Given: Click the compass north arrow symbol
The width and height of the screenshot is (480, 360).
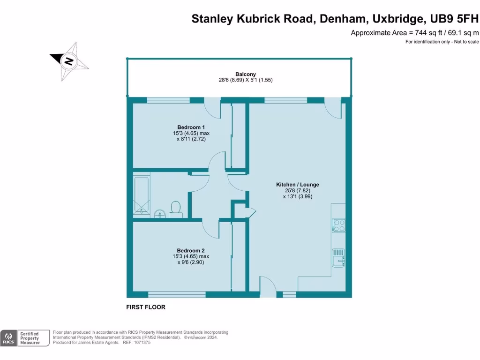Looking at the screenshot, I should point(69,61).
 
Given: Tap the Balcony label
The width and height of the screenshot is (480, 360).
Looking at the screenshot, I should point(239,74).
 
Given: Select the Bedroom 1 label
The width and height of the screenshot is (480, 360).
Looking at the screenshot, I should point(191,127).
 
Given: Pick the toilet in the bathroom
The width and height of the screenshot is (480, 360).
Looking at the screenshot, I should point(176,208).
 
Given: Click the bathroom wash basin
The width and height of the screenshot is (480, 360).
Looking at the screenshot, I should point(159,214).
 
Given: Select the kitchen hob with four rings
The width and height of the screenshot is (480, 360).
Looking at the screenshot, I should point(338,225).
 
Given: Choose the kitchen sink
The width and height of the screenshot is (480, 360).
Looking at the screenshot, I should point(338,257).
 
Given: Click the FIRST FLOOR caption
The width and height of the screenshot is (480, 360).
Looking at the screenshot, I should point(146,307).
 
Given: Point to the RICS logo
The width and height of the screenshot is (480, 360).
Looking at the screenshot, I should point(8,338).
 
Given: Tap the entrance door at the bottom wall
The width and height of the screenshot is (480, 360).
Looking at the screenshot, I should point(267,286).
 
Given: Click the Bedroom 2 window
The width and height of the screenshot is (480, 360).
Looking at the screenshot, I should point(177,294).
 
